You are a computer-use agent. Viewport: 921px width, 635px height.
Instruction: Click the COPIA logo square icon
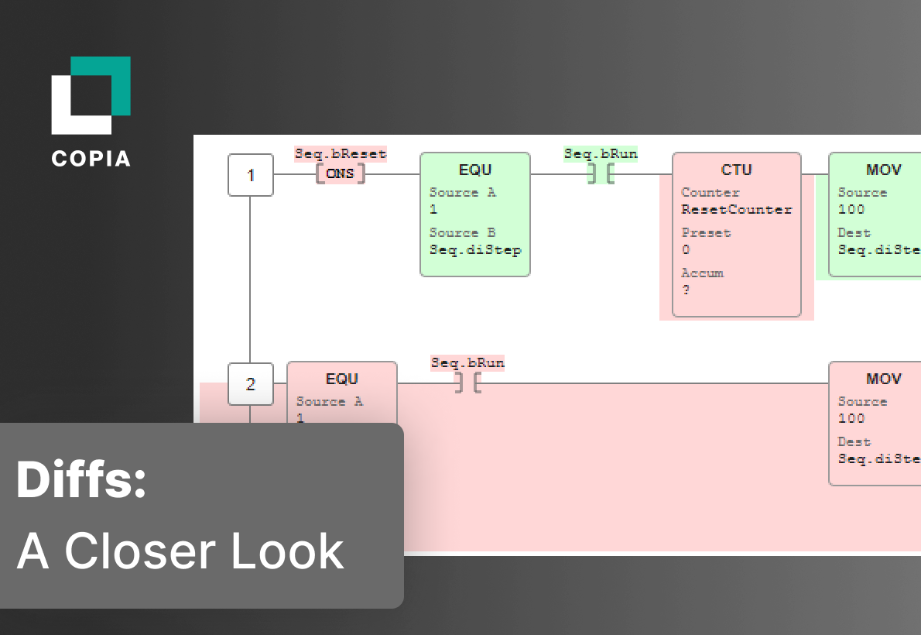91,95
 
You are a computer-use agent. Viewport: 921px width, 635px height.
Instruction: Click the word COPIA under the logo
91,158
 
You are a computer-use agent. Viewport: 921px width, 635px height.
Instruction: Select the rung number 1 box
250,175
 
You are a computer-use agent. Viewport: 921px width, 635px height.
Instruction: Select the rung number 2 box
250,384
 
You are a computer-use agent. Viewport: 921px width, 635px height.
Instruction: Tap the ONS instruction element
340,173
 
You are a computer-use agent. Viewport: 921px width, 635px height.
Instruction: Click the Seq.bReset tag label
340,153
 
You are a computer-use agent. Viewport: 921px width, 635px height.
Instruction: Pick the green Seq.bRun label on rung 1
601,153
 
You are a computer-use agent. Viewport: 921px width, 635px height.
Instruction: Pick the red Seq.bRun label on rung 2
467,362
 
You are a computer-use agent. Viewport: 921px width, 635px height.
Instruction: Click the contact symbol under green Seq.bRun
601,173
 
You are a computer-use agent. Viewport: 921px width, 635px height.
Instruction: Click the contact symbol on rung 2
467,383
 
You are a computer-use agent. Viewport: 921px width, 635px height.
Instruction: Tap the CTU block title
736,170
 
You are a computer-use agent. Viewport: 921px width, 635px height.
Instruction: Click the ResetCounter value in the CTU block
736,209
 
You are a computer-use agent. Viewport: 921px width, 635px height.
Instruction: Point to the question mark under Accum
686,290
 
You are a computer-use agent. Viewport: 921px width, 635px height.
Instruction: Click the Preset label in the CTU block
706,232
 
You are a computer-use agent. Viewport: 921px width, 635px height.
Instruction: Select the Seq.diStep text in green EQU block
475,249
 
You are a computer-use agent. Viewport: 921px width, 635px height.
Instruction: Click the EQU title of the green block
475,170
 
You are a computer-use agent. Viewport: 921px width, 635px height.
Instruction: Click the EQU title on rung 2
341,379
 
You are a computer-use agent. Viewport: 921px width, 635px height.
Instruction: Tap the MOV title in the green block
883,170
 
